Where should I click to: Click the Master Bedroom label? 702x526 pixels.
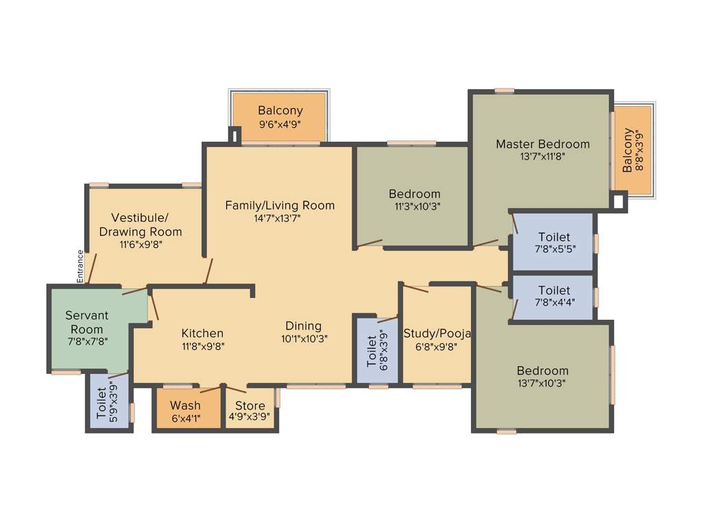542,144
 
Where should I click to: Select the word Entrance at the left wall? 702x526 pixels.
80,266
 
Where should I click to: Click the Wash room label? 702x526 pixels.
185,405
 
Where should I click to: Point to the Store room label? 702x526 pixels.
250,405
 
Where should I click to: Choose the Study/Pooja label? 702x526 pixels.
437,334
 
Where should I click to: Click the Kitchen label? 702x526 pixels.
202,334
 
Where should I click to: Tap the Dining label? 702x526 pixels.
303,326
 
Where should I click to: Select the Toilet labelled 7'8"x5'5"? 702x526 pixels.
554,237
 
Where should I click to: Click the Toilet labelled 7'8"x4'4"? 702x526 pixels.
554,290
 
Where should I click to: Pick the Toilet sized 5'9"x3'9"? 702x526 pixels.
101,403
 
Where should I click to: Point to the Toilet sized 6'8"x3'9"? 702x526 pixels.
372,349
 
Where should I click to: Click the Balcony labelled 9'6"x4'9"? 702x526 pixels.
280,110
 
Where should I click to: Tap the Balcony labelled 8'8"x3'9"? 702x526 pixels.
628,150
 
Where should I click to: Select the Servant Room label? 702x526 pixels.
87,322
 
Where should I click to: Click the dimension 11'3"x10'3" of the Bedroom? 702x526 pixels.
414,205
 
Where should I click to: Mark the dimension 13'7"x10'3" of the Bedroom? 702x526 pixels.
542,383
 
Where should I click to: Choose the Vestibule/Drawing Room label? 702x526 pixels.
141,225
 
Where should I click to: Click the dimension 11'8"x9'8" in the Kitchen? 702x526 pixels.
202,346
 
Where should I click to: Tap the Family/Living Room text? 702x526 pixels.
280,205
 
